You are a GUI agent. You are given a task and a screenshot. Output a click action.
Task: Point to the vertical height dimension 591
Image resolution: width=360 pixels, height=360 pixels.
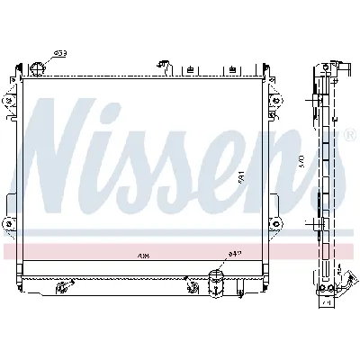241,178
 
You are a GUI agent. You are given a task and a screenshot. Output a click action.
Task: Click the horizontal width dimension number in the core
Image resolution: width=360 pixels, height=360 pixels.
144,255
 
